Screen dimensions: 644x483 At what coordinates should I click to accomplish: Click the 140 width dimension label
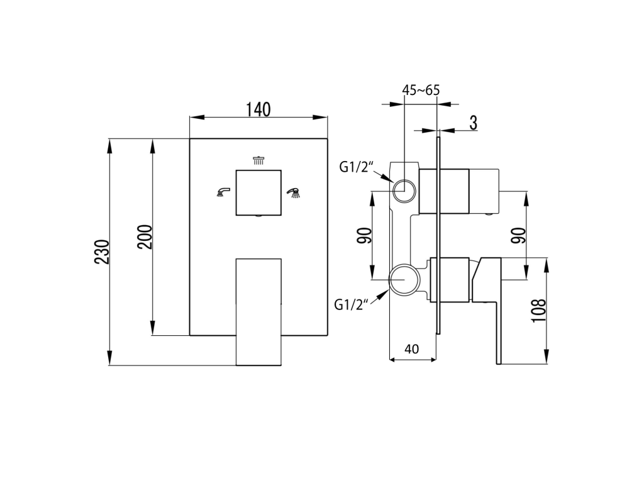point(258,109)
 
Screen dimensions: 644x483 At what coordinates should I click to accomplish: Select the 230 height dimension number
point(103,252)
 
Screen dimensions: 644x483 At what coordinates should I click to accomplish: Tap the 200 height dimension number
point(145,237)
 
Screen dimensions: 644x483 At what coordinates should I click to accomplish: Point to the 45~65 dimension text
point(421,90)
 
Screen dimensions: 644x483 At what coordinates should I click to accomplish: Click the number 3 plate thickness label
point(474,123)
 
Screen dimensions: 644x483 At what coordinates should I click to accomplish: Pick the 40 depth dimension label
point(411,349)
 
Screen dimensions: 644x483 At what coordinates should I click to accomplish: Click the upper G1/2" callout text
point(357,167)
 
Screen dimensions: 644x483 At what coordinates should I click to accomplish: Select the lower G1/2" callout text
point(350,305)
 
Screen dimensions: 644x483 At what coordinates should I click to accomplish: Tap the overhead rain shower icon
point(258,160)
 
